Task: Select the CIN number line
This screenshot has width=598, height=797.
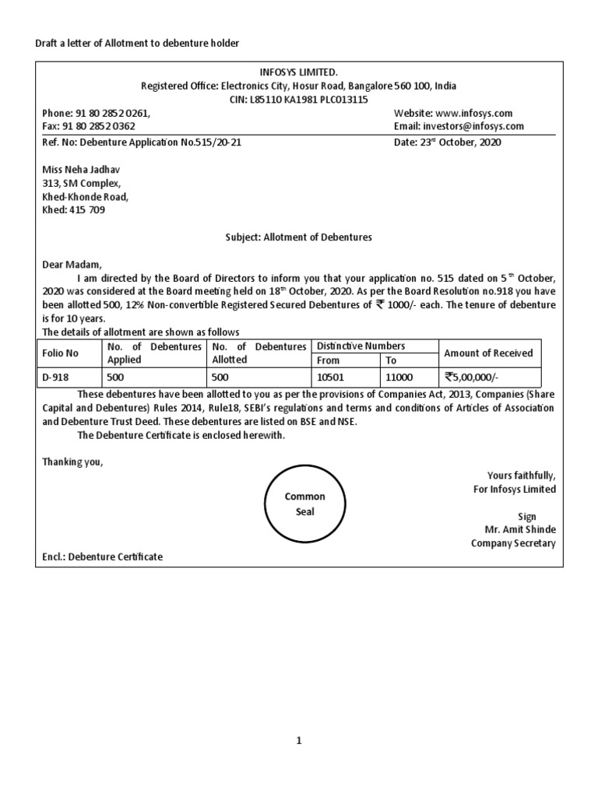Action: pos(299,100)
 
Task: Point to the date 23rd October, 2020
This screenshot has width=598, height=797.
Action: pos(448,143)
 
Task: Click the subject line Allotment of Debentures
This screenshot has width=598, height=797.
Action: pos(298,237)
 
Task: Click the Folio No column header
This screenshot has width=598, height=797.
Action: pos(60,353)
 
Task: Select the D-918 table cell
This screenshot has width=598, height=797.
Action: pos(56,377)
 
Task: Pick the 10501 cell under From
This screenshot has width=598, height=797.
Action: pos(330,377)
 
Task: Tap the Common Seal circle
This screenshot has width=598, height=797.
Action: pos(304,504)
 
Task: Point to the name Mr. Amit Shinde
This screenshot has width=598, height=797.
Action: pos(519,530)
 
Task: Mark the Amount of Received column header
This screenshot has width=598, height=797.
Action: pos(488,353)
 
